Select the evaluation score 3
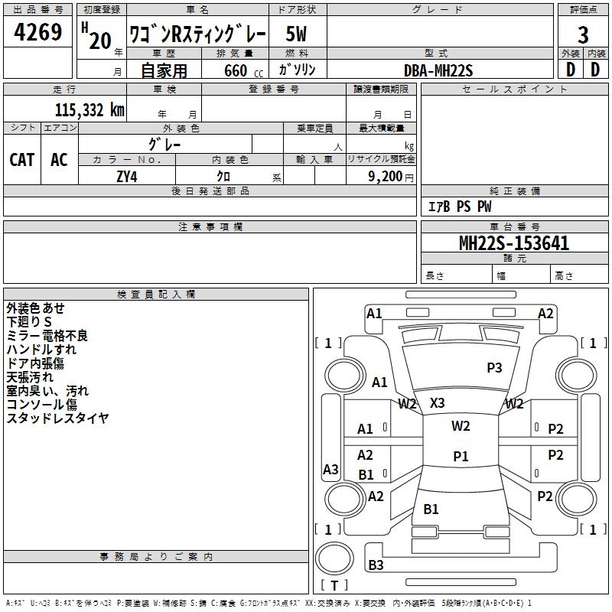coord(583,35)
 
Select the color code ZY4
coord(127,176)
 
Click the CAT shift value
coord(22,159)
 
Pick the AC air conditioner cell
coord(59,159)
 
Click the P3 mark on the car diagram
coord(494,368)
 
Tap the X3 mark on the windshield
coord(438,402)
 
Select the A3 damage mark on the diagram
coord(330,469)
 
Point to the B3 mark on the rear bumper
coord(376,565)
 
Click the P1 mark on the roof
coord(460,456)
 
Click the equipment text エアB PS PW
coord(459,207)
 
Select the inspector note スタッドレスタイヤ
coord(57,418)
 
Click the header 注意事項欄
coord(210,227)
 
